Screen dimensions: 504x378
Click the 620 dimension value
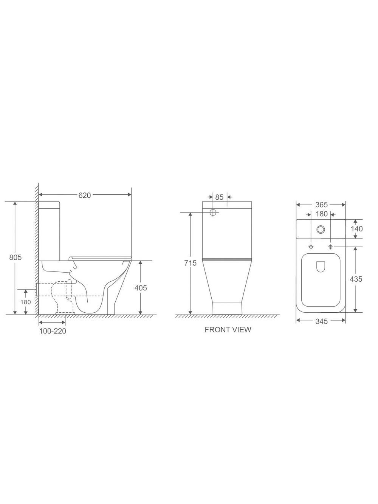point(85,195)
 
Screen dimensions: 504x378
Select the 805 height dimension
point(15,257)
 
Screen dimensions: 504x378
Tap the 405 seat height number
point(141,288)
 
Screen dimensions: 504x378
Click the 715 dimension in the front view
point(190,263)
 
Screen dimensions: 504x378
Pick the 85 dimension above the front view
point(219,197)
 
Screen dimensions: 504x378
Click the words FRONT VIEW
point(228,330)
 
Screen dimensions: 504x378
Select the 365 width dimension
point(321,205)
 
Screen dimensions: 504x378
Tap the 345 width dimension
point(321,321)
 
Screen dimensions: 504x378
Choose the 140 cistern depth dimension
point(356,229)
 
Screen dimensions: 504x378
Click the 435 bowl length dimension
point(356,279)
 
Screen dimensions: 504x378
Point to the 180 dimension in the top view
point(321,214)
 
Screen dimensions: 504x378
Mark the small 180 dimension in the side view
point(26,302)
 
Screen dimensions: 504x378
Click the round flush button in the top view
point(321,229)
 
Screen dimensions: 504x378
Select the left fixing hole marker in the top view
point(311,247)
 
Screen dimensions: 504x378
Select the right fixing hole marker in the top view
point(331,247)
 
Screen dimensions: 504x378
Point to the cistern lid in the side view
point(50,205)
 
